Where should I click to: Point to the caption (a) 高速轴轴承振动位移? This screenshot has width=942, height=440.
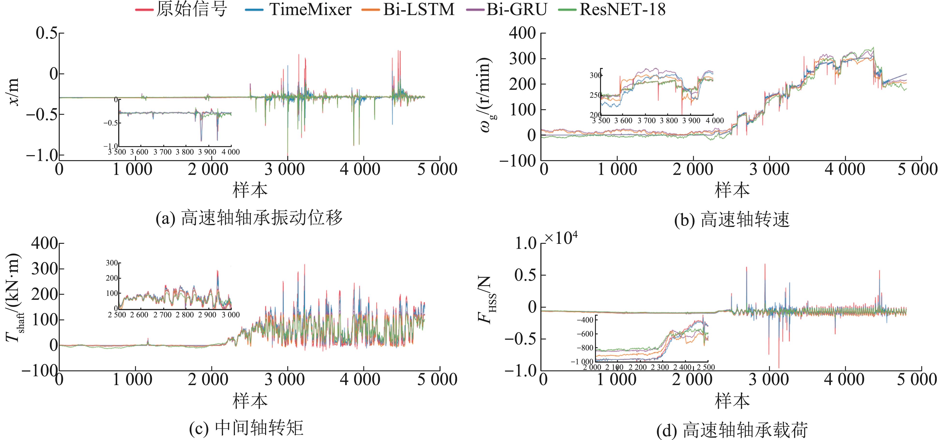(249, 218)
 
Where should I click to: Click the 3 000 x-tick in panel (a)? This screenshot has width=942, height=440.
(284, 170)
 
